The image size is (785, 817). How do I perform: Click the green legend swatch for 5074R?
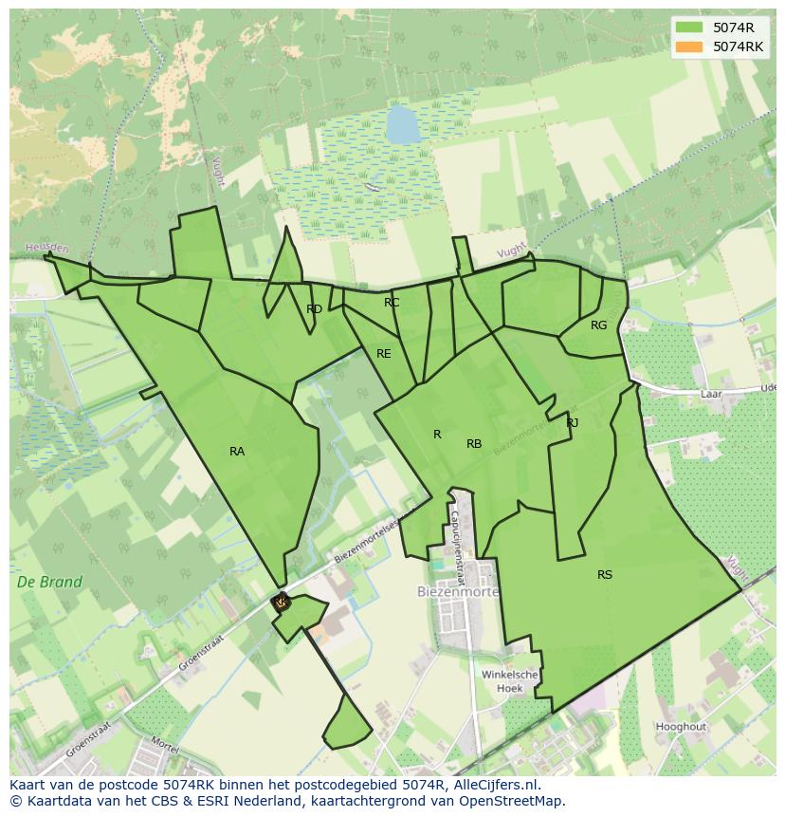click(689, 28)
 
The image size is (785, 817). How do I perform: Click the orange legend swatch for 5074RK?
click(689, 46)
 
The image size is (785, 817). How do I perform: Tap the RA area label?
click(237, 452)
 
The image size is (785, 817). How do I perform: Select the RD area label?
click(314, 309)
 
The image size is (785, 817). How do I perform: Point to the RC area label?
click(392, 303)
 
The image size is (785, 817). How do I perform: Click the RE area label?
click(383, 354)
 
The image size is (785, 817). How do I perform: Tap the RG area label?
click(598, 325)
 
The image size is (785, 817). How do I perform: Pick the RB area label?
click(474, 444)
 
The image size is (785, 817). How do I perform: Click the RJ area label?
click(573, 423)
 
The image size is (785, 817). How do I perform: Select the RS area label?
click(605, 575)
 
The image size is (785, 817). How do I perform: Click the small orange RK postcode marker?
click(280, 602)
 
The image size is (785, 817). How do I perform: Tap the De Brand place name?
click(49, 583)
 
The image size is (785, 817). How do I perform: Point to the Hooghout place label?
click(681, 727)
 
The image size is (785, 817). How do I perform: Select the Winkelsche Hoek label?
click(509, 681)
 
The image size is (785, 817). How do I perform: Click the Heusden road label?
click(46, 249)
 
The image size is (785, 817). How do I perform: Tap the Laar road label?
click(711, 393)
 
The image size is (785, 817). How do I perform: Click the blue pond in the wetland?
click(402, 123)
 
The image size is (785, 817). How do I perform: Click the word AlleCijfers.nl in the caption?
click(494, 785)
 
